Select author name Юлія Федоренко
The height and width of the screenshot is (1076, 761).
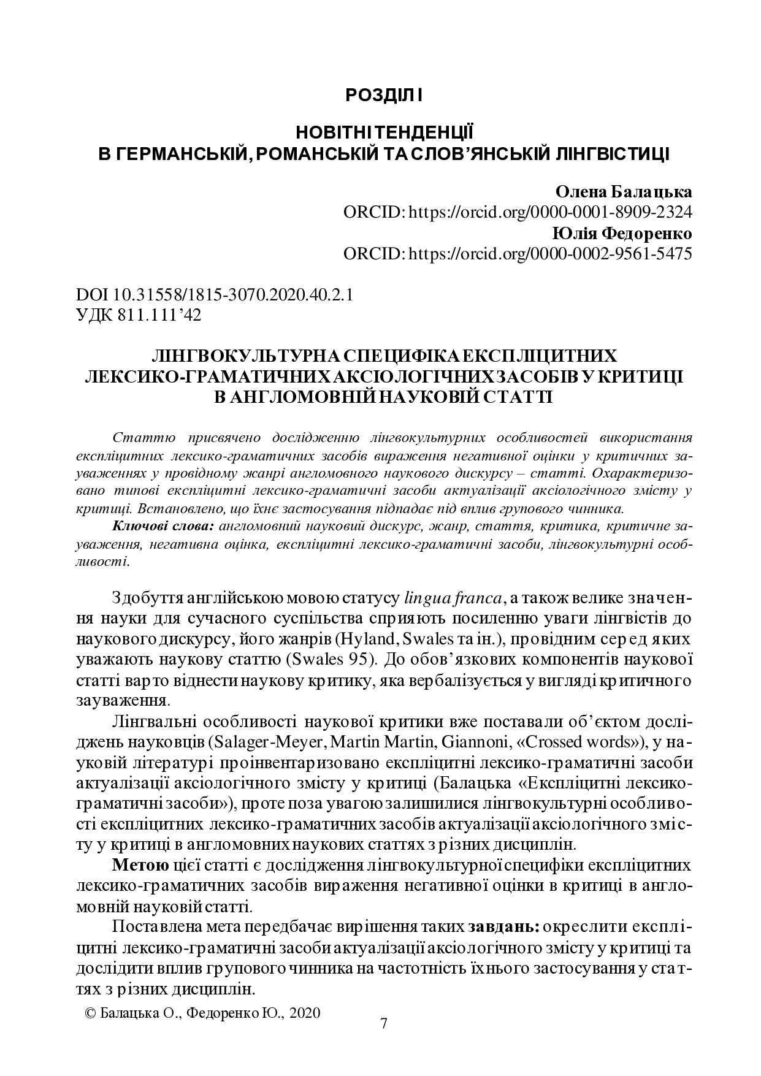[x=622, y=233]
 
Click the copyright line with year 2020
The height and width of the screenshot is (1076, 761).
[x=202, y=1013]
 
